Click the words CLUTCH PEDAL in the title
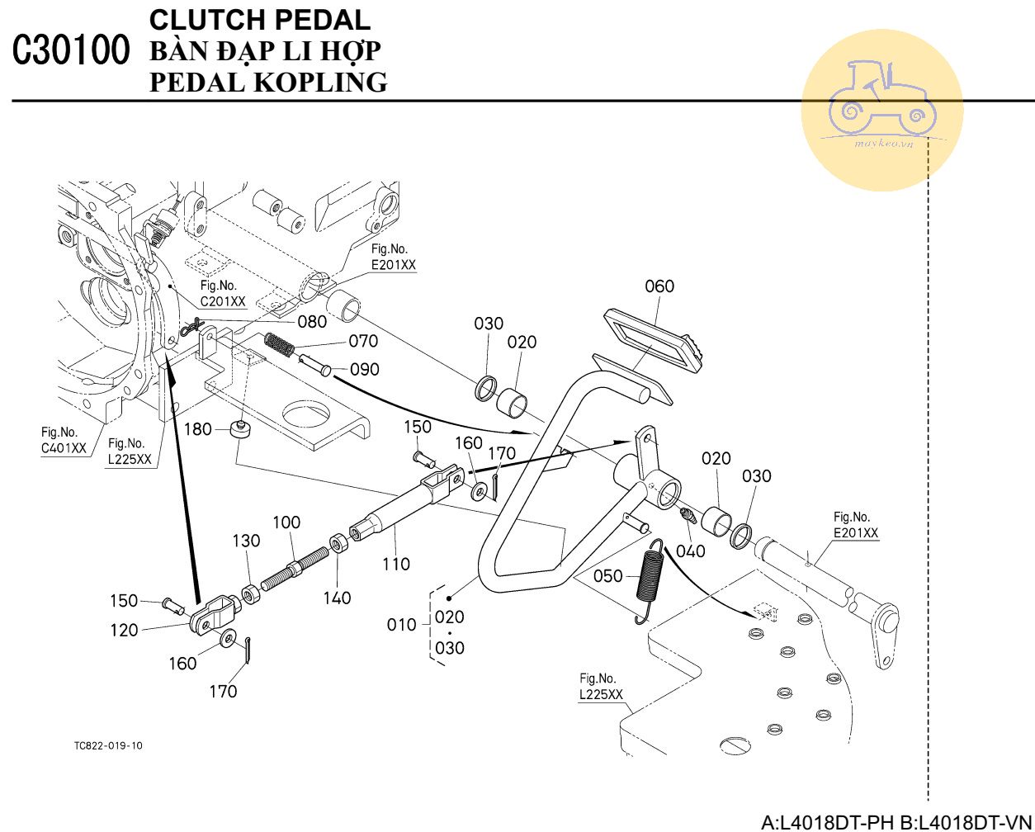coord(260,19)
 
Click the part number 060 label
coord(659,286)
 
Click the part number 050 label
coord(608,576)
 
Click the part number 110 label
coord(396,565)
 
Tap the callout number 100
coord(286,522)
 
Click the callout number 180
coord(198,429)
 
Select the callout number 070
coord(363,341)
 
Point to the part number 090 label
coord(365,370)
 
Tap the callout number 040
coord(691,551)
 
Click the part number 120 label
coord(124,631)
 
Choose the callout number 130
coord(246,541)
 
